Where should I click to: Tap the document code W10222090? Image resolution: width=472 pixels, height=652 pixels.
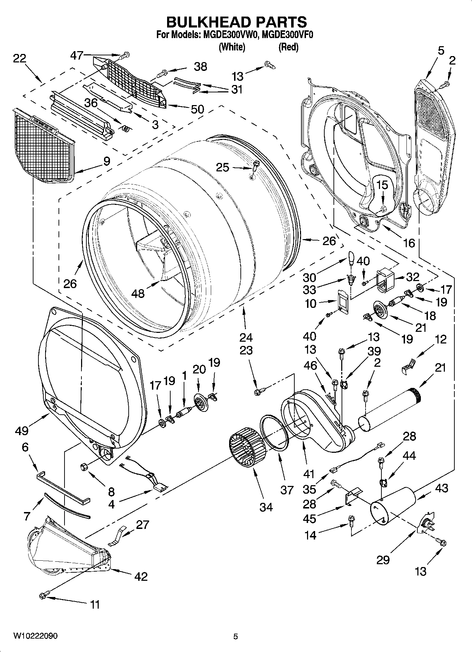36,636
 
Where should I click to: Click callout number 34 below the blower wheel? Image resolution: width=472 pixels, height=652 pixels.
266,507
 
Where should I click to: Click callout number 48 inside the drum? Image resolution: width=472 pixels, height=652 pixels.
138,293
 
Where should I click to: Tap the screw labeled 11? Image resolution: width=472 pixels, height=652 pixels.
44,595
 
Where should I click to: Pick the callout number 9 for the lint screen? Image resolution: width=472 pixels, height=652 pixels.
106,162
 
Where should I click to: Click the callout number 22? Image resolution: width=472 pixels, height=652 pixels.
19,58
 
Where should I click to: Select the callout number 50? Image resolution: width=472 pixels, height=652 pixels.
197,109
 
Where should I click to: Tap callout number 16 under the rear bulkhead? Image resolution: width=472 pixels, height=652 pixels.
409,243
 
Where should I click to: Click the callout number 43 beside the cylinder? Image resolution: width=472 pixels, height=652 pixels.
441,488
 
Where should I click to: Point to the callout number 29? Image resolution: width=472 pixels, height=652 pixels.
383,560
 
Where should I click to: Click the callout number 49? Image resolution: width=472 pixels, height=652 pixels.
22,430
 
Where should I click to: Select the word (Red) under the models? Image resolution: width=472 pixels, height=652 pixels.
288,47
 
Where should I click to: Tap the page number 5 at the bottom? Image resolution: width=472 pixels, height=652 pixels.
235,636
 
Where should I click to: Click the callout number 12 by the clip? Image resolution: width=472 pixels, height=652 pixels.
441,339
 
